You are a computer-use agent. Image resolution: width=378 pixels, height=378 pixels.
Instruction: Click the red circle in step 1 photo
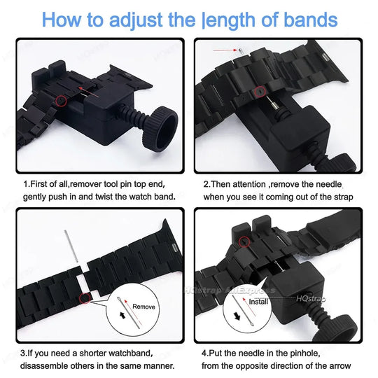pos(62,101)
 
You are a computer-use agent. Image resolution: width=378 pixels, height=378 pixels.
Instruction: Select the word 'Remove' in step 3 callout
pos(144,307)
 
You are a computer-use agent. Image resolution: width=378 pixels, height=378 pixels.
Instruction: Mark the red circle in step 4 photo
pos(245,242)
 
